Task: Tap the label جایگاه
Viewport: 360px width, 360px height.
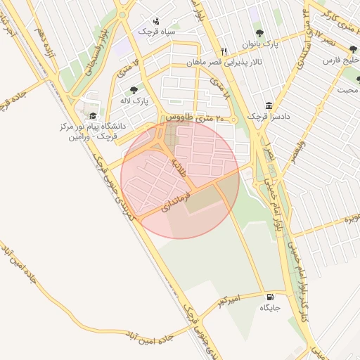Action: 271,308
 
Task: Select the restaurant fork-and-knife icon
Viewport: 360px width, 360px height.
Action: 224,51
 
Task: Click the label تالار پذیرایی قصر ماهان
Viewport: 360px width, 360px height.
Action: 224,63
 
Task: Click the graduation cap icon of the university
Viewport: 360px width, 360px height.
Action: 93,116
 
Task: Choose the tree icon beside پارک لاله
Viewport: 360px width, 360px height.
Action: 134,90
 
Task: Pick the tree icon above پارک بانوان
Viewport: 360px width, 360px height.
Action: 259,33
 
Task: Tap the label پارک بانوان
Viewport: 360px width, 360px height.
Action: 261,44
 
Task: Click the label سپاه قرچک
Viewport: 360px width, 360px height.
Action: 156,32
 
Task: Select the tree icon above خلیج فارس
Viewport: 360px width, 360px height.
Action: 353,49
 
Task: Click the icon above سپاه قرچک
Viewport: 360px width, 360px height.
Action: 156,20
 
